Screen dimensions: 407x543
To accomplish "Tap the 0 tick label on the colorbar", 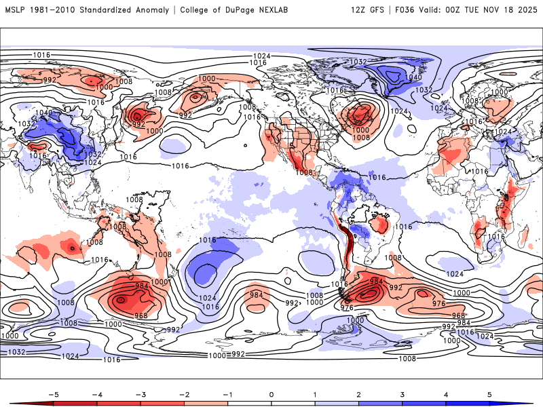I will click(x=271, y=393).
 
